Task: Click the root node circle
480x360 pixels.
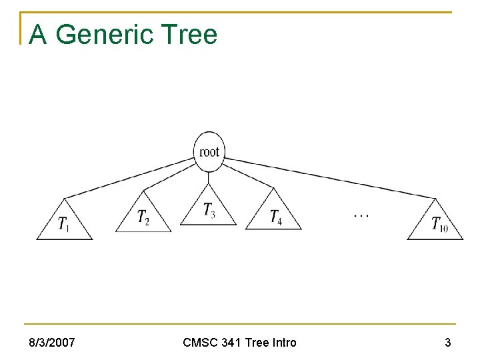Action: point(209,151)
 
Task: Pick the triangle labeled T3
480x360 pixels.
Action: point(209,210)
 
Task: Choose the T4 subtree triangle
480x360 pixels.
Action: point(274,215)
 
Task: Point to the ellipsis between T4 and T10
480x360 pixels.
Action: point(361,215)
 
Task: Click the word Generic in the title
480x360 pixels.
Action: point(112,35)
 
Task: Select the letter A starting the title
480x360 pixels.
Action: point(38,35)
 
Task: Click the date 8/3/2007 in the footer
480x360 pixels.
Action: point(51,343)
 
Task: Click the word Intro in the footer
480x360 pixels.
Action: point(281,343)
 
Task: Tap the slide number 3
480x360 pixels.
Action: point(447,343)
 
